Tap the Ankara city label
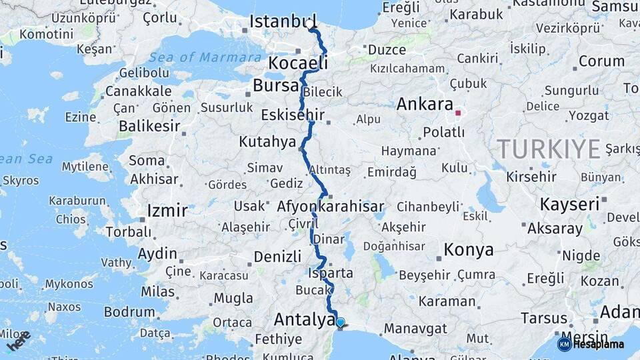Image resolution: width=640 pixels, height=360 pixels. pyautogui.click(x=424, y=104)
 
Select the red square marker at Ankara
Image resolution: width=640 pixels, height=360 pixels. pyautogui.click(x=458, y=113)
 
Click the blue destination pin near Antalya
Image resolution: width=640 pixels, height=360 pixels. pyautogui.click(x=341, y=323)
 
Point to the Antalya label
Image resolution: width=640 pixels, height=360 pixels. pyautogui.click(x=304, y=320)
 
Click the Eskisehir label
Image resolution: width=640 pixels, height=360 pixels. pyautogui.click(x=293, y=115)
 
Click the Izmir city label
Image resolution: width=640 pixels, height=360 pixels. pyautogui.click(x=167, y=211)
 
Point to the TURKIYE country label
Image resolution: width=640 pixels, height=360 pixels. pyautogui.click(x=549, y=149)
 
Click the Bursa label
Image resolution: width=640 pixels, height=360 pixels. pyautogui.click(x=275, y=86)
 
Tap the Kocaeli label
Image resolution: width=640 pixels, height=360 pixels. pyautogui.click(x=298, y=63)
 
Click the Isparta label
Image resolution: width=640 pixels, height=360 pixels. pyautogui.click(x=331, y=273)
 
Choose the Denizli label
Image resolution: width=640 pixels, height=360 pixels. pyautogui.click(x=277, y=257)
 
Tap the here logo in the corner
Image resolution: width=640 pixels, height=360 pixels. pyautogui.click(x=19, y=341)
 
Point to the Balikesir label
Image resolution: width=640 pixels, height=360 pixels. pyautogui.click(x=149, y=126)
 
